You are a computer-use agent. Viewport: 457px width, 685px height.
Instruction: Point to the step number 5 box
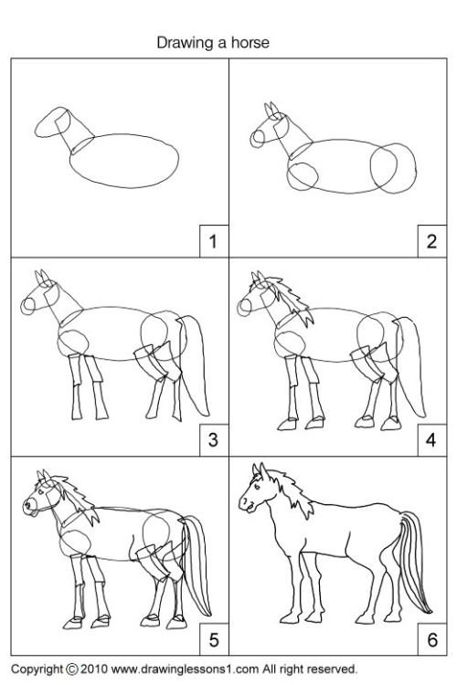coord(213,636)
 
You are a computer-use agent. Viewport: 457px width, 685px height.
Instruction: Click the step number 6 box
coord(430,636)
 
